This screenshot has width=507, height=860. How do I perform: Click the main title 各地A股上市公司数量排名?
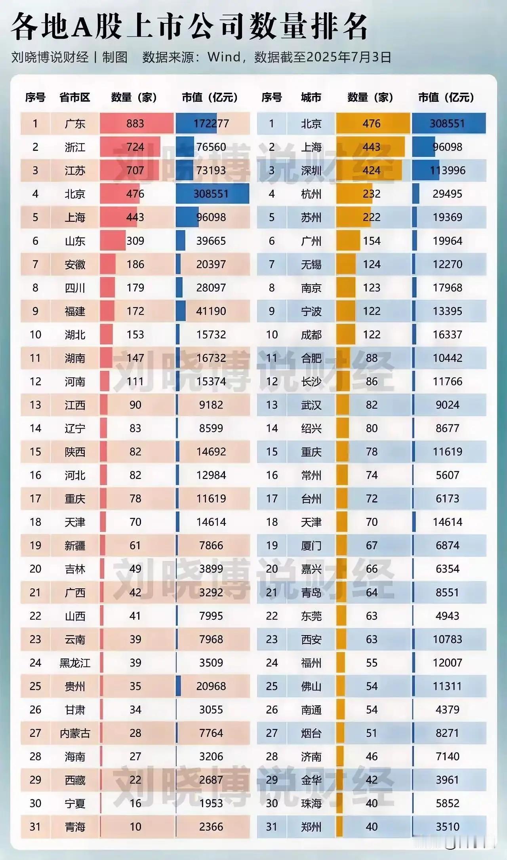tap(189, 26)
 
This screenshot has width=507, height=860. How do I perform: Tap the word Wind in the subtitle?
tap(224, 57)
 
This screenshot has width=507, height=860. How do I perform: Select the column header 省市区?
tap(74, 97)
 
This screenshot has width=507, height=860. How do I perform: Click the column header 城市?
tap(311, 97)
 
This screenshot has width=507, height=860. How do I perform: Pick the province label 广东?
tap(75, 124)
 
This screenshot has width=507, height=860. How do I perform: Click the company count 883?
tap(135, 124)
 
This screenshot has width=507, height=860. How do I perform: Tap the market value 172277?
tap(211, 124)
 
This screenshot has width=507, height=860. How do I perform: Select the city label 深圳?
tap(311, 171)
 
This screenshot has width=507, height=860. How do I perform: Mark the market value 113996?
tap(448, 171)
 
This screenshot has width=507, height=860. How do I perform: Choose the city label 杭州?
tap(311, 194)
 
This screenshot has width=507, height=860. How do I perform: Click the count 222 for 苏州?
tap(372, 217)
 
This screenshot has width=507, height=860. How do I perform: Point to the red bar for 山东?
tap(112, 241)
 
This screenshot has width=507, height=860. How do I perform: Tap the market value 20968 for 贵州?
tap(211, 686)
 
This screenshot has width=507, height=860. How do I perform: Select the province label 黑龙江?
tap(75, 663)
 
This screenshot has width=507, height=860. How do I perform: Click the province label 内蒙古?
tap(75, 733)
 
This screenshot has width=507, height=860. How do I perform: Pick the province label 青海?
tap(75, 827)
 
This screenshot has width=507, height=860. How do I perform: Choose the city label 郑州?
tap(311, 827)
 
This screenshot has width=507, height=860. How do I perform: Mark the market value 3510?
tap(448, 827)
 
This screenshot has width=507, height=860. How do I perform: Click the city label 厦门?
tap(311, 546)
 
